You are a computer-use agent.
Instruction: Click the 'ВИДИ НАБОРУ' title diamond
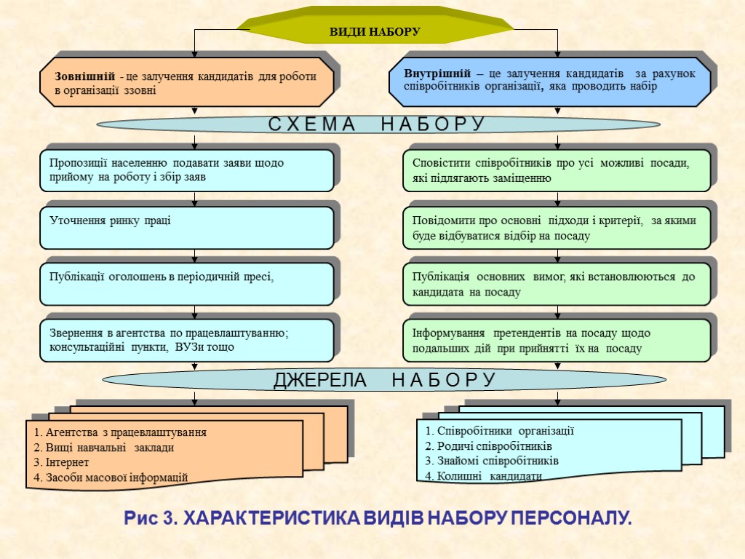coord(375,32)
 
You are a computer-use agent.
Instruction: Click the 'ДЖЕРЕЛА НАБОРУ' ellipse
coord(384,380)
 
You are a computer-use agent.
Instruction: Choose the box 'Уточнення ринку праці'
coord(188,227)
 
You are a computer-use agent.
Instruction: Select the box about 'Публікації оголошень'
coord(188,283)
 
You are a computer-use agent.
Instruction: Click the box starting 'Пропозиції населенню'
coord(188,170)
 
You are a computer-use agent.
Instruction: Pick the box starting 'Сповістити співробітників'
coord(557,170)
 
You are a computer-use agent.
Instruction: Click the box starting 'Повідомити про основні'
coord(557,227)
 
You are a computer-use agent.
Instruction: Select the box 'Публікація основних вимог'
coord(557,284)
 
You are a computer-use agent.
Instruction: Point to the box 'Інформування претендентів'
coord(557,340)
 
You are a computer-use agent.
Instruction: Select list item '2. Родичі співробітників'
coord(489,445)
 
